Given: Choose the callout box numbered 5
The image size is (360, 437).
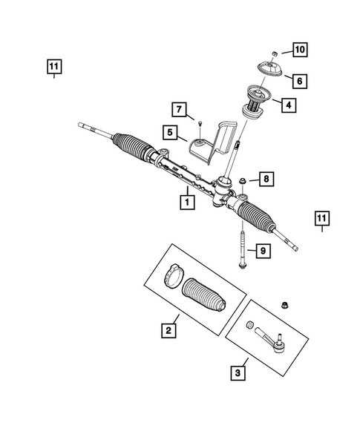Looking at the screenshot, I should click(170, 133).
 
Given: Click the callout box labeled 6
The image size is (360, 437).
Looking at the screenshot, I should click(298, 79).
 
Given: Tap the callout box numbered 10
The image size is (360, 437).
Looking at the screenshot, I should click(299, 50).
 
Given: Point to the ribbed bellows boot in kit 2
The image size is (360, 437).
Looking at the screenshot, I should click(204, 295).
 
